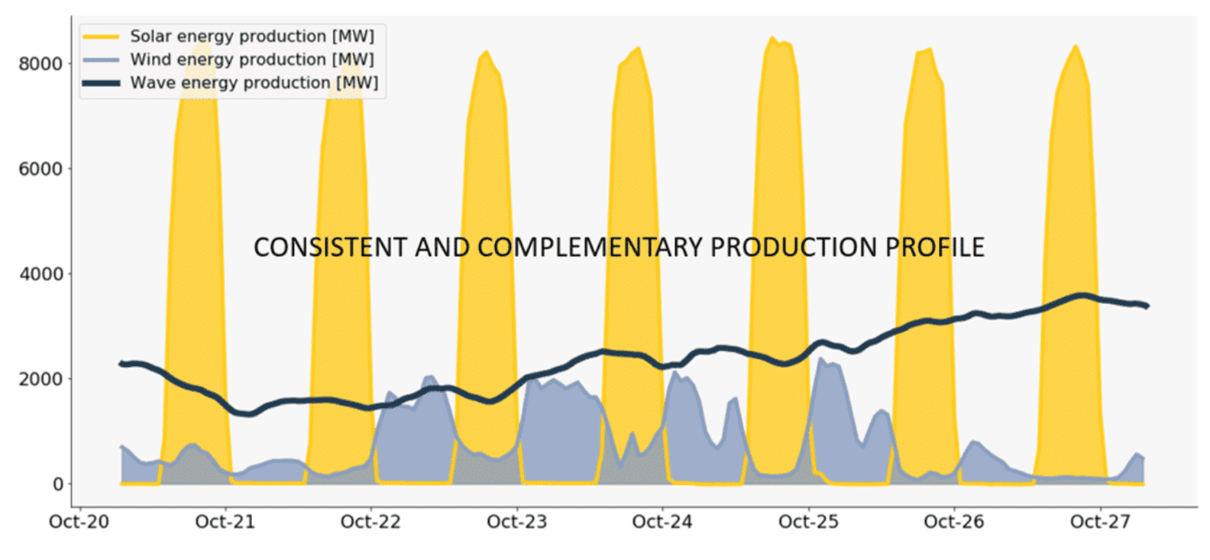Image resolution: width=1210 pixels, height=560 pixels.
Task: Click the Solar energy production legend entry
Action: click(x=251, y=36)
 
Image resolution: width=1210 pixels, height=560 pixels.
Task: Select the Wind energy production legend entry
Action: click(x=251, y=59)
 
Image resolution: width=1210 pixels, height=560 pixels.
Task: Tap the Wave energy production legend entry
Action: click(x=254, y=83)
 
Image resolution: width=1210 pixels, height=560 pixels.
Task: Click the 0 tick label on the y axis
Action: click(x=57, y=484)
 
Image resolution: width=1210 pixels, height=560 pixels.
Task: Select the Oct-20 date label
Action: click(x=79, y=522)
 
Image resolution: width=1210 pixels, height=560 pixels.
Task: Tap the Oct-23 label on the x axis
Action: click(x=516, y=522)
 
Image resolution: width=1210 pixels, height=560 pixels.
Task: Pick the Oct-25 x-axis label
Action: click(x=808, y=522)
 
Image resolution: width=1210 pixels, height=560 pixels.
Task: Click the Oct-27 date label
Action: click(x=1099, y=522)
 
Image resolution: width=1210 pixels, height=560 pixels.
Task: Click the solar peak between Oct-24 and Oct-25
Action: click(x=773, y=38)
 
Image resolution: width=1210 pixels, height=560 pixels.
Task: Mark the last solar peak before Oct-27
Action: click(x=1076, y=47)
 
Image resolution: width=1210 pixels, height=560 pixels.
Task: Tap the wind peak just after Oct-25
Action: click(x=821, y=358)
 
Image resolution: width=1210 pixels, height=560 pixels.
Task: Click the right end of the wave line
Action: click(x=1147, y=306)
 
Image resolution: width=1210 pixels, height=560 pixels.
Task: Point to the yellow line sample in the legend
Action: click(x=102, y=37)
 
